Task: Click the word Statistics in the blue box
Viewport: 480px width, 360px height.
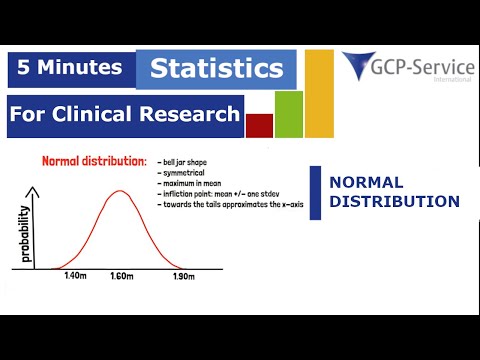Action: point(217,70)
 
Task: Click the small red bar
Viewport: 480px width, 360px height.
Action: point(259,125)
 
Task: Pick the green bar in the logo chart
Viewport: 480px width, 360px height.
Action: point(288,114)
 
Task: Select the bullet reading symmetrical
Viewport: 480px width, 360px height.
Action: point(181,173)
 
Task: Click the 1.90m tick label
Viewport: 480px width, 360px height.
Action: point(182,274)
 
